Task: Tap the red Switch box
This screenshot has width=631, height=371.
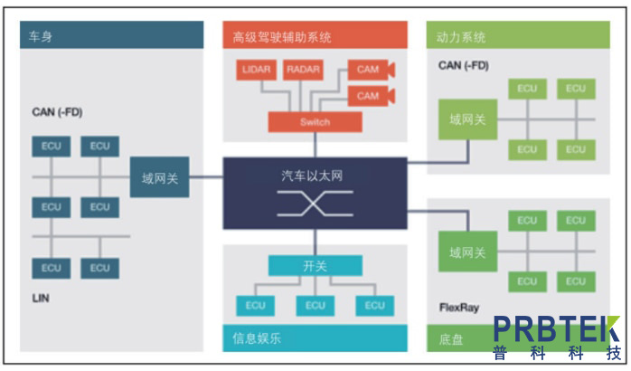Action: coord(315,122)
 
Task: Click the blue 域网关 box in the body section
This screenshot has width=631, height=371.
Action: coord(160,177)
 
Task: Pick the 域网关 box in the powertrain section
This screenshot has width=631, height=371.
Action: coord(466,120)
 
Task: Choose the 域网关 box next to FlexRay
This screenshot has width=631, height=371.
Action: coord(466,252)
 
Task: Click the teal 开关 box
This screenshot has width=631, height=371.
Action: coord(315,266)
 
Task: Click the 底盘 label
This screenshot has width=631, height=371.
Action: coord(452,339)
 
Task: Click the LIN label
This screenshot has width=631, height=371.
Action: coord(41,298)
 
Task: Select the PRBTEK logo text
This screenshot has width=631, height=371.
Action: coord(555,329)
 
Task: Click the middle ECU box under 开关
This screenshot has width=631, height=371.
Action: coord(315,306)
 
